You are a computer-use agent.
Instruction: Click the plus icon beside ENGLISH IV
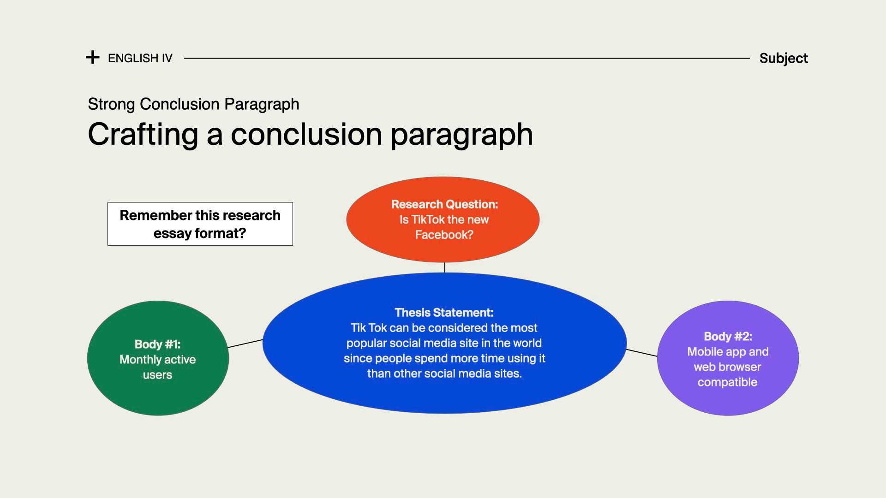tap(93, 58)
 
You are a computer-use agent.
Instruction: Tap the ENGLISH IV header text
tap(140, 58)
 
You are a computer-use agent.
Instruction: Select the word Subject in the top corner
tap(784, 59)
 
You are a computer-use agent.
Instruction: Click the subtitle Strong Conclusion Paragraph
tap(193, 104)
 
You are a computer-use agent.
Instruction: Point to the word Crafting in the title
tap(144, 134)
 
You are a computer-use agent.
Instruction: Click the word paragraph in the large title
tap(461, 135)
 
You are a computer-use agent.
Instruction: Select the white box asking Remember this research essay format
tap(200, 224)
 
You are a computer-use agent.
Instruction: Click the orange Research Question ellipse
tap(443, 219)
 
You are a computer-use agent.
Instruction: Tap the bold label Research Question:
tap(444, 204)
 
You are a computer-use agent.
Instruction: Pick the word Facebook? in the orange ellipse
tap(444, 235)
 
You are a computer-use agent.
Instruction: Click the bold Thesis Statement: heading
tap(444, 313)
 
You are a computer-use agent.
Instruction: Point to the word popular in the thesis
tap(366, 344)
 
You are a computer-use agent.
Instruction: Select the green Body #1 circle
tap(158, 358)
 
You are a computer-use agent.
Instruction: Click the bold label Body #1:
tap(157, 344)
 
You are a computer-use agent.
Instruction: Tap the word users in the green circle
tap(157, 375)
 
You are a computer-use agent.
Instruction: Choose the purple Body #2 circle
tap(728, 358)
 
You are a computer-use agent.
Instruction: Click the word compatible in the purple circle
tap(727, 382)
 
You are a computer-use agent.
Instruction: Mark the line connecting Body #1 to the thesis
tap(245, 344)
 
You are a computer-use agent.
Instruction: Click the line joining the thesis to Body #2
tap(642, 353)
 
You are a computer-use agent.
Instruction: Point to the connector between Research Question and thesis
tap(444, 267)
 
